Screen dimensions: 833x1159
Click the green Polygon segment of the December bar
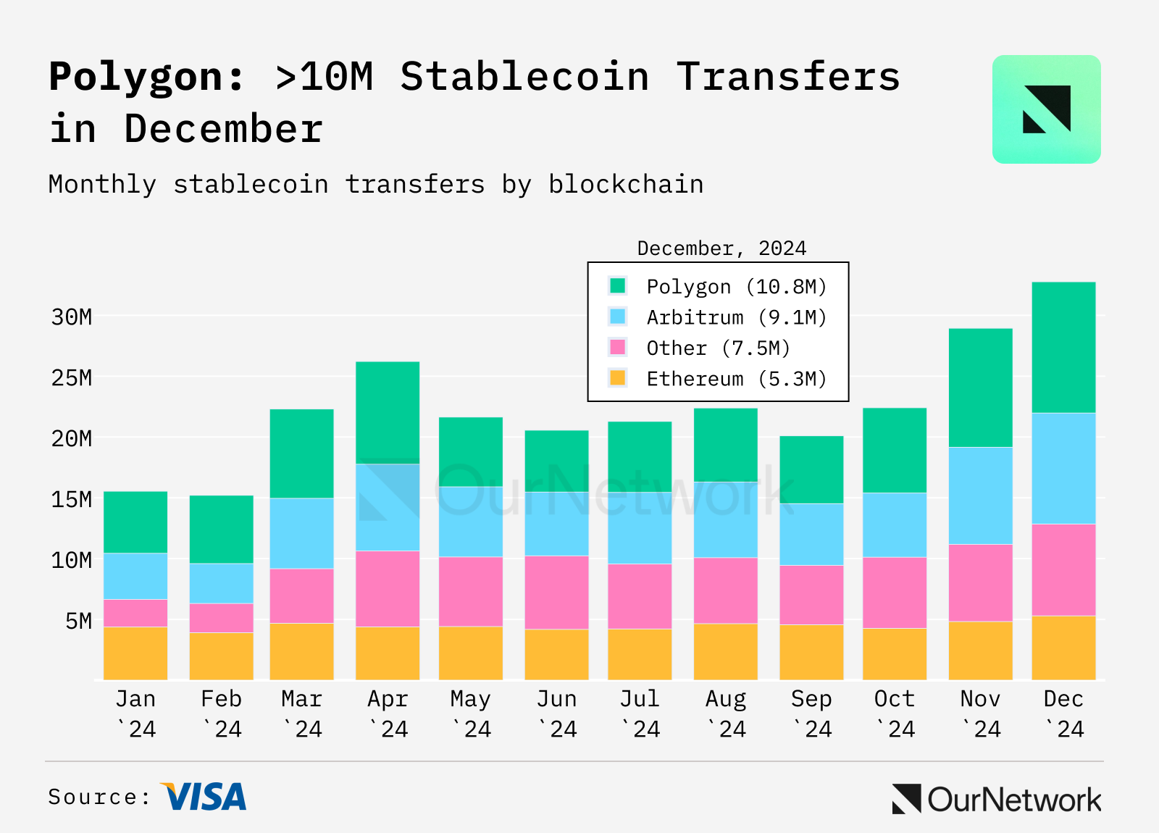1063,347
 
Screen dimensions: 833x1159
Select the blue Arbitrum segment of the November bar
980,495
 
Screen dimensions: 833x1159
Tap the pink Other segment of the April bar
388,588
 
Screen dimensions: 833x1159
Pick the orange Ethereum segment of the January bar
135,653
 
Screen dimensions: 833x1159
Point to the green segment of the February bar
221,529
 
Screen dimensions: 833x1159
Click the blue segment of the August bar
725,519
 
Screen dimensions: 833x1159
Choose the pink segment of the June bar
556,592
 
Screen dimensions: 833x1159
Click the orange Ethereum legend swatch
617,378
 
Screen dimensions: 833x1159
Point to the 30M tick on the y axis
72,317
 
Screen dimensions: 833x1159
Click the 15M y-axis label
72,499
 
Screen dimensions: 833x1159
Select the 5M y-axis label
78,621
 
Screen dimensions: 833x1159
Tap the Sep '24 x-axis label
811,713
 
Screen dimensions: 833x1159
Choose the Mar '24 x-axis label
301,713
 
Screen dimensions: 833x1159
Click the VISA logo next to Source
204,797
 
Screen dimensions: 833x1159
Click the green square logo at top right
1046,109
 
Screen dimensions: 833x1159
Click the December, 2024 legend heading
721,248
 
